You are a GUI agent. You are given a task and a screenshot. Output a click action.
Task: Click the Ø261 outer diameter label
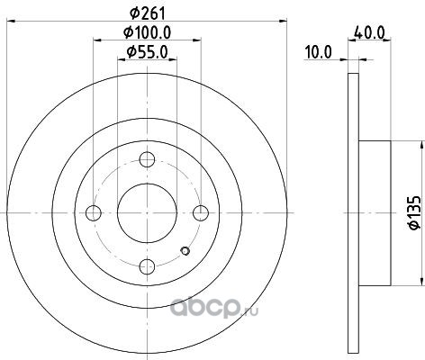(148, 13)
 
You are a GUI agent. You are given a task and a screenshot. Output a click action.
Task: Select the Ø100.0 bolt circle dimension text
(148, 32)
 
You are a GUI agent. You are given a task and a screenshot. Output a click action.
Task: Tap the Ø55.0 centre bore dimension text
(147, 52)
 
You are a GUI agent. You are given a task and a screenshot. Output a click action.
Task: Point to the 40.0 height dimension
(369, 32)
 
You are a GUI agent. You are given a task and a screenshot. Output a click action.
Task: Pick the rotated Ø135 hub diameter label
(415, 212)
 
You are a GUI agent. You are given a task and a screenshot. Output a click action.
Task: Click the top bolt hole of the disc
(147, 159)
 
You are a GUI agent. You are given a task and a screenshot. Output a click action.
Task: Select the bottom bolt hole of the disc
(147, 266)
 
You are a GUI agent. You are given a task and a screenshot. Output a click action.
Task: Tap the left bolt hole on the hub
(94, 213)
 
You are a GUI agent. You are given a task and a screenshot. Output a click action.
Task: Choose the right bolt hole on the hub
(201, 213)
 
